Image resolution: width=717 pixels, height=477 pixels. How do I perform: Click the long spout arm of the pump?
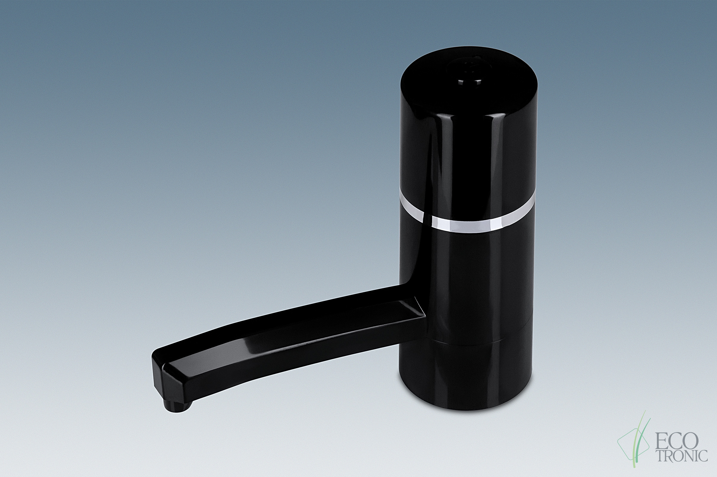[x=289, y=338]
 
